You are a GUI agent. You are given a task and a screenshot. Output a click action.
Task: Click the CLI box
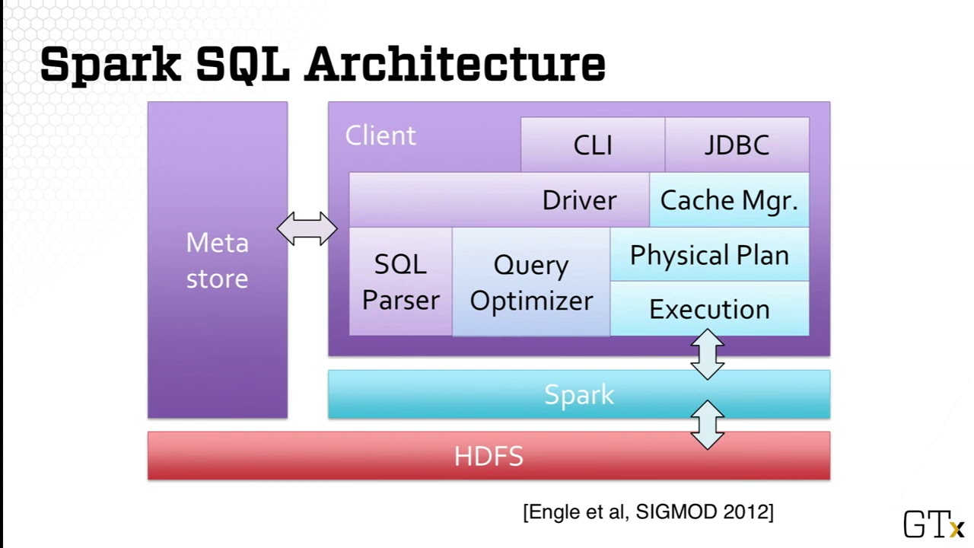[x=593, y=145]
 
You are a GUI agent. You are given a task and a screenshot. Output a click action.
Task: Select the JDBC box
[x=737, y=145]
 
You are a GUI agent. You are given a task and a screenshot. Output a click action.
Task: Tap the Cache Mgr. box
[x=729, y=200]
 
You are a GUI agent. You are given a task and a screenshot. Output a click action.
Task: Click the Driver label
[x=579, y=200]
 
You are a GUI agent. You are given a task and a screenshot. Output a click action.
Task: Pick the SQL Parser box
[x=400, y=282]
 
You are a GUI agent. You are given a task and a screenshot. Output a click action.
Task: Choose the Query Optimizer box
[x=531, y=282]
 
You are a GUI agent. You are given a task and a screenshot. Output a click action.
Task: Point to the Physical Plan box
[x=709, y=255]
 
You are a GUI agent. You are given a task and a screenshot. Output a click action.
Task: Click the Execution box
[x=709, y=309]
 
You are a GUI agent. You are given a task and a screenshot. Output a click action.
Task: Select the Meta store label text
[x=217, y=260]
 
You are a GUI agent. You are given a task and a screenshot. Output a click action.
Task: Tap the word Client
[x=380, y=135]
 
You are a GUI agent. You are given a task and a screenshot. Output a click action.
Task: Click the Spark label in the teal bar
[x=579, y=394]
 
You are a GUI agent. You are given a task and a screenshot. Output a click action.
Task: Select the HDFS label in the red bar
[x=489, y=456]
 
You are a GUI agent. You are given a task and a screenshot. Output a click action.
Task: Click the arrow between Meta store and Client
[x=307, y=228]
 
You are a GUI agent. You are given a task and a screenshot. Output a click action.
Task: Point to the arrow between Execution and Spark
[x=708, y=355]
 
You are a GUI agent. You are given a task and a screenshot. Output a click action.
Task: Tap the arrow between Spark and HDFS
[x=708, y=425]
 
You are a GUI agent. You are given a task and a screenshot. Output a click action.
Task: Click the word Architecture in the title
[x=454, y=64]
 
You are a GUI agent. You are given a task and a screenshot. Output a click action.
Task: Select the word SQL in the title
[x=243, y=64]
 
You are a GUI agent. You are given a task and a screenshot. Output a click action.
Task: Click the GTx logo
[x=933, y=524]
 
